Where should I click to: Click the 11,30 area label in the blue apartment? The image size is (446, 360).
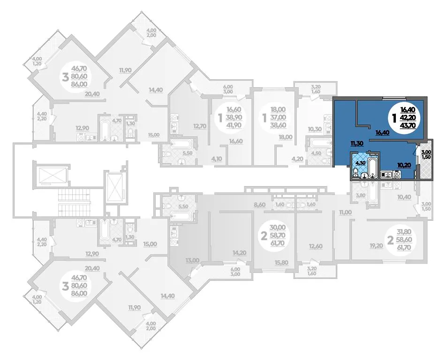coord(357,143)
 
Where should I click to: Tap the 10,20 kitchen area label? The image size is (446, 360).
coord(405,165)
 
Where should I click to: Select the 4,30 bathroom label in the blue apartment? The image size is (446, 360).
coord(358,163)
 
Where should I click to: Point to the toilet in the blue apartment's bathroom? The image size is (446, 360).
coord(355,172)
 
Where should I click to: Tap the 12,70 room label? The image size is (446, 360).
coord(199,126)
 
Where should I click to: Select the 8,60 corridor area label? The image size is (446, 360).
coord(259,204)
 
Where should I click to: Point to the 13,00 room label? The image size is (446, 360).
coord(192,260)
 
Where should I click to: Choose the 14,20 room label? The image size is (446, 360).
coord(239,253)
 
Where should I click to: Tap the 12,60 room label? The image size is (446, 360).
coord(316,246)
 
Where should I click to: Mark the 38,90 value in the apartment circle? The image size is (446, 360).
coord(234,117)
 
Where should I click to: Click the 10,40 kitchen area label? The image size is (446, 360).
coord(404,197)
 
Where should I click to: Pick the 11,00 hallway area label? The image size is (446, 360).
coord(345,212)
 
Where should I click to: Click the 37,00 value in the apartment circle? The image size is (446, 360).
coord(278,117)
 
